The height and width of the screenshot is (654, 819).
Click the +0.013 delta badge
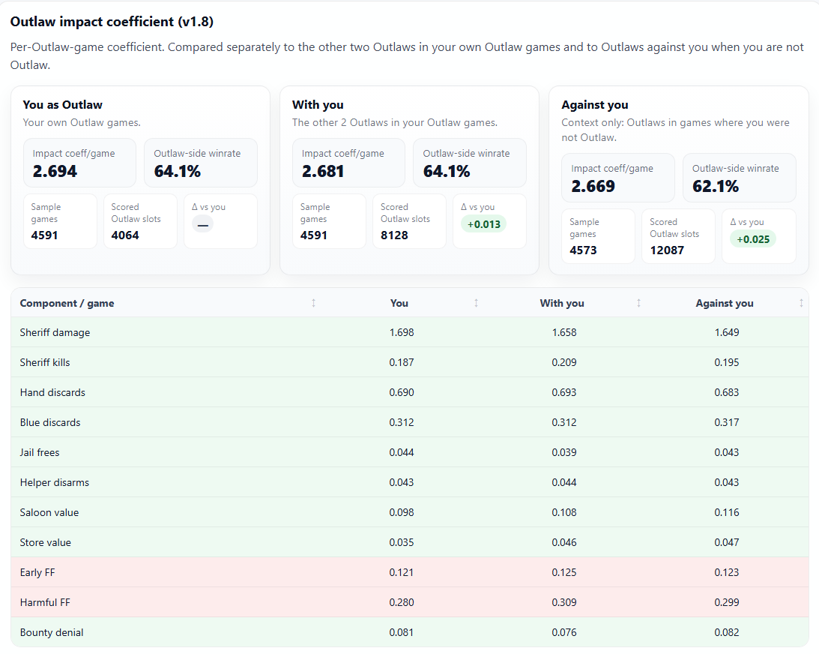pyautogui.click(x=483, y=224)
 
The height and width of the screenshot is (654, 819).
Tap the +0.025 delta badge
pyautogui.click(x=752, y=239)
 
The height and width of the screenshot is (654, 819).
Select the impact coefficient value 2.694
pyautogui.click(x=55, y=172)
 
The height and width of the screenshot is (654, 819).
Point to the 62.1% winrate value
pyautogui.click(x=715, y=187)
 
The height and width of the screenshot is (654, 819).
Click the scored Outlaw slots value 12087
pyautogui.click(x=667, y=250)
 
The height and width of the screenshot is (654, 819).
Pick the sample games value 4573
pyautogui.click(x=583, y=250)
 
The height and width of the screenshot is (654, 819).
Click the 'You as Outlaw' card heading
pyautogui.click(x=63, y=104)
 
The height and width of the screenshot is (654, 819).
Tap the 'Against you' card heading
pyautogui.click(x=595, y=104)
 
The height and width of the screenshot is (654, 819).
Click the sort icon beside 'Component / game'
pyautogui.click(x=313, y=303)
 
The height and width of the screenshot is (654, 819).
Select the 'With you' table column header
pyautogui.click(x=562, y=303)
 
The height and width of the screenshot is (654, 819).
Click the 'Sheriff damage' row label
pyautogui.click(x=55, y=332)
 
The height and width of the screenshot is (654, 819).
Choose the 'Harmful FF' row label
pyautogui.click(x=45, y=603)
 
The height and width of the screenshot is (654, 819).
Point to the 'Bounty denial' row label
pyautogui.click(x=52, y=632)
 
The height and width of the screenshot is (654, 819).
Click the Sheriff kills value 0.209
pyautogui.click(x=564, y=363)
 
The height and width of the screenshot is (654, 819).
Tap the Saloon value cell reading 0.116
pyautogui.click(x=727, y=513)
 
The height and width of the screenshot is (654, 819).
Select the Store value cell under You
pyautogui.click(x=401, y=543)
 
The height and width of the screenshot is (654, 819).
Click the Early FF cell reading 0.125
pyautogui.click(x=564, y=573)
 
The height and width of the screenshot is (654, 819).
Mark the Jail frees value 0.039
pyautogui.click(x=564, y=453)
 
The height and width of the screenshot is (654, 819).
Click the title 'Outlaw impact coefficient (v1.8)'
pyautogui.click(x=112, y=22)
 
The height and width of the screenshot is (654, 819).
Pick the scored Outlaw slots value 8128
pyautogui.click(x=394, y=235)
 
